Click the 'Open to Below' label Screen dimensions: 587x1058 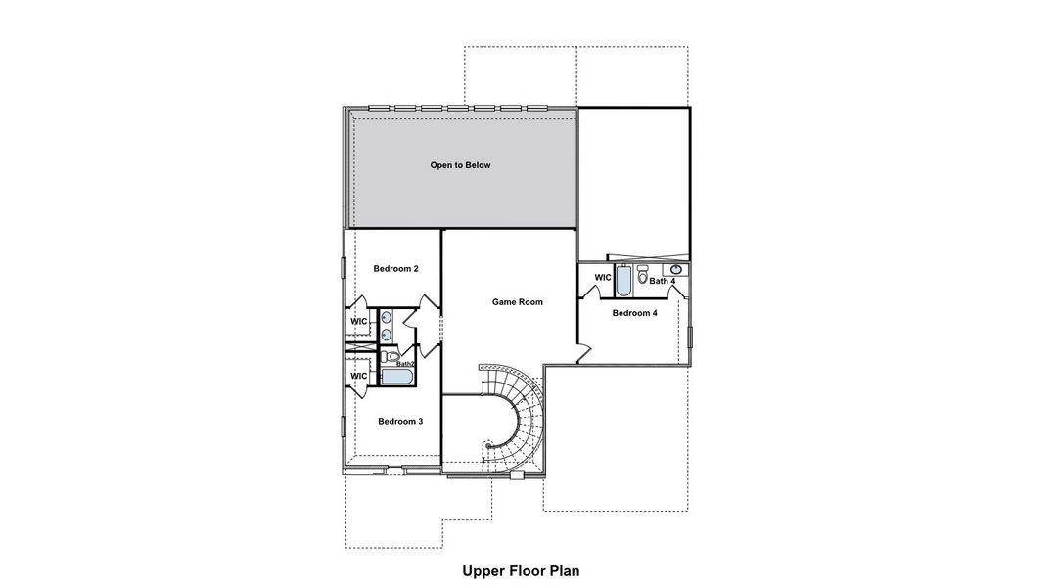pos(460,165)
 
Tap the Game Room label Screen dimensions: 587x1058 pos(517,302)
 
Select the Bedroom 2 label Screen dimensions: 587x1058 pos(396,268)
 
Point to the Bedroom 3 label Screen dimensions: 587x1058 pos(400,421)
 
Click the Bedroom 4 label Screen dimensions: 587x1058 pos(634,313)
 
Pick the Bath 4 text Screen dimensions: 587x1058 pos(663,282)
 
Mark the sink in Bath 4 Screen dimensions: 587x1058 pos(675,269)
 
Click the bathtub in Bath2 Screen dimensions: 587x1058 pos(397,377)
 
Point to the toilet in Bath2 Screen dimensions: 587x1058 pos(391,358)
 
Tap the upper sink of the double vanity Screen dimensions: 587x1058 pos(387,317)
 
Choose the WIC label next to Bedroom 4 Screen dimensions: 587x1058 pos(603,278)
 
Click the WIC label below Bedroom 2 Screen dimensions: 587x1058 pos(359,322)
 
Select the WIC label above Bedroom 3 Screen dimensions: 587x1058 pos(359,376)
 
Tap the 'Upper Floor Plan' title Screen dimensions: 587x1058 pos(528,568)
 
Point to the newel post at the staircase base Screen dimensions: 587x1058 pos(487,446)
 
